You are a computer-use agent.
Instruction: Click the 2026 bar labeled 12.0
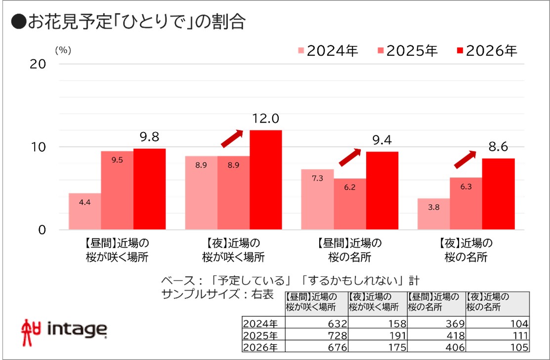(265, 180)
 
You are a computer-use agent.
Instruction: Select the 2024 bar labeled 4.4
(85, 211)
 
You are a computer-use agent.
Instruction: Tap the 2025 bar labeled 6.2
(350, 204)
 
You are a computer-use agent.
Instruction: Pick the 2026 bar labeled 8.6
(498, 194)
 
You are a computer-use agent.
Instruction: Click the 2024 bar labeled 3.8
(433, 214)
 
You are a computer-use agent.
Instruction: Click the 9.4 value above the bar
(381, 141)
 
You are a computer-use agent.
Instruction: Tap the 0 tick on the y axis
(42, 230)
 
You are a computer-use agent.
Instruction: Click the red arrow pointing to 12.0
(232, 138)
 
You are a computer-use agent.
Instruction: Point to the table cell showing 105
(498, 346)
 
